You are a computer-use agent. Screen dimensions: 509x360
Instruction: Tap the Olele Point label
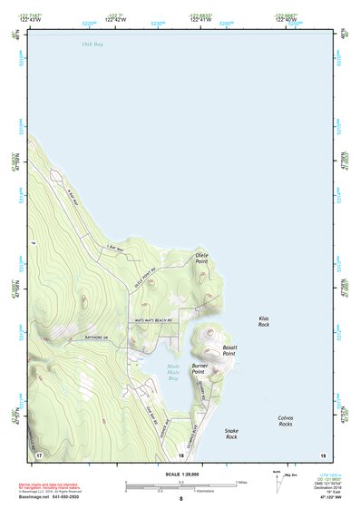tap(201, 259)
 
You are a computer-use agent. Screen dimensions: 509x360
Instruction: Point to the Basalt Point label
tap(229, 349)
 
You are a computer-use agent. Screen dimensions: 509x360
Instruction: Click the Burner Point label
tap(200, 369)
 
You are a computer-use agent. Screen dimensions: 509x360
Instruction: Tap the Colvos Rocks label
tap(285, 421)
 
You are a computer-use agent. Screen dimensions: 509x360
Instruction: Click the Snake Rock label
tap(231, 434)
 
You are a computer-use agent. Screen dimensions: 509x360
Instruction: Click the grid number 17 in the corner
tap(39, 453)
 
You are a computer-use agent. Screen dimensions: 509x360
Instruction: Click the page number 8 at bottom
tap(180, 499)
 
